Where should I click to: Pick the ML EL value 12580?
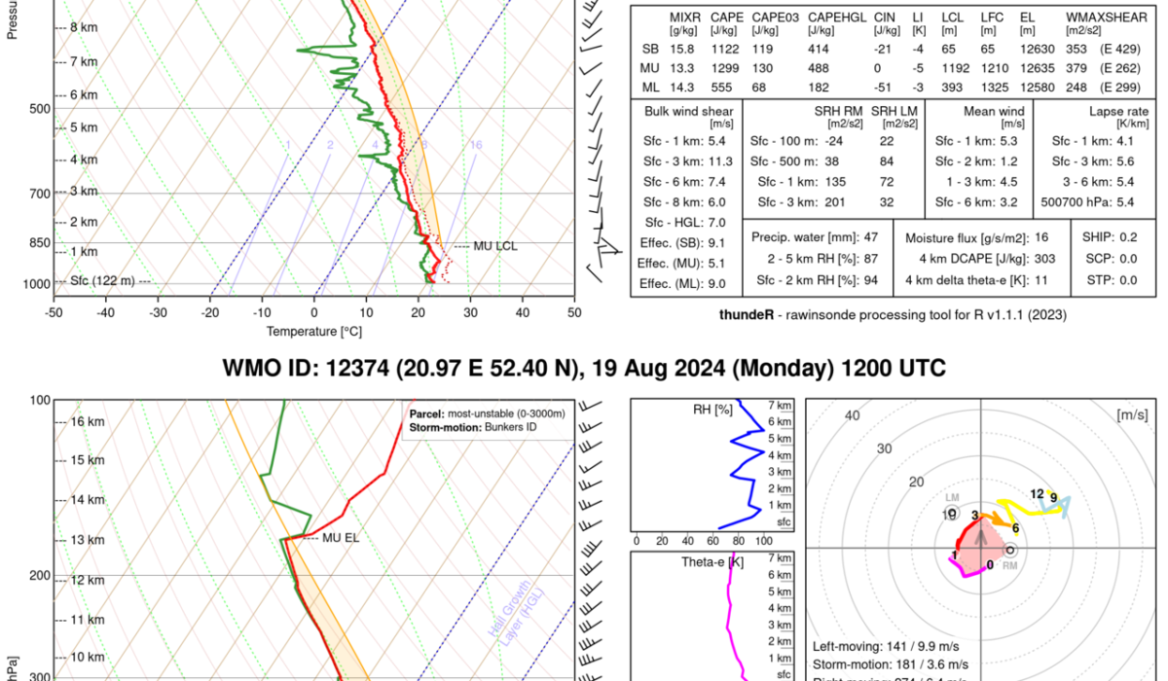[1033, 88]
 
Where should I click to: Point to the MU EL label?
[341, 537]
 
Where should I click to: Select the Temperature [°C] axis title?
[313, 331]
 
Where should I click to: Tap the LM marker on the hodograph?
[952, 497]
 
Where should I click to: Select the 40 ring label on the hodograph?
[853, 415]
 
